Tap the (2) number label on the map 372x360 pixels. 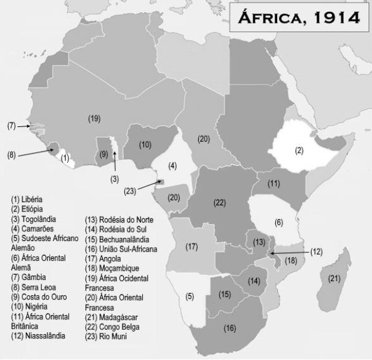pos(299,150)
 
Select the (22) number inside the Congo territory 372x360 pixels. pos(220,202)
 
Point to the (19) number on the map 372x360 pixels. pos(94,118)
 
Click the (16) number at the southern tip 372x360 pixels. pos(229,328)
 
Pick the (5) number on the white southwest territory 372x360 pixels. pos(190,297)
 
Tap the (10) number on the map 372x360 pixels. pos(145,145)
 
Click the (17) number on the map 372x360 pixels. pos(192,247)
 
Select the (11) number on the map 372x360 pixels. pos(274,183)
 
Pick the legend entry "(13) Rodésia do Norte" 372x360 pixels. pos(119,219)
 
